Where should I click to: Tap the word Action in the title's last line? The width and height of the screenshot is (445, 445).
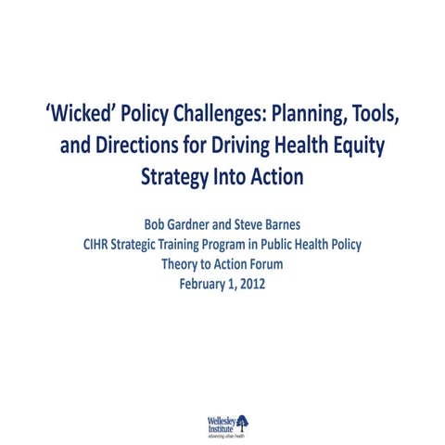coord(275,175)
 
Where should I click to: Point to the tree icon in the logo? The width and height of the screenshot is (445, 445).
coord(243,421)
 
